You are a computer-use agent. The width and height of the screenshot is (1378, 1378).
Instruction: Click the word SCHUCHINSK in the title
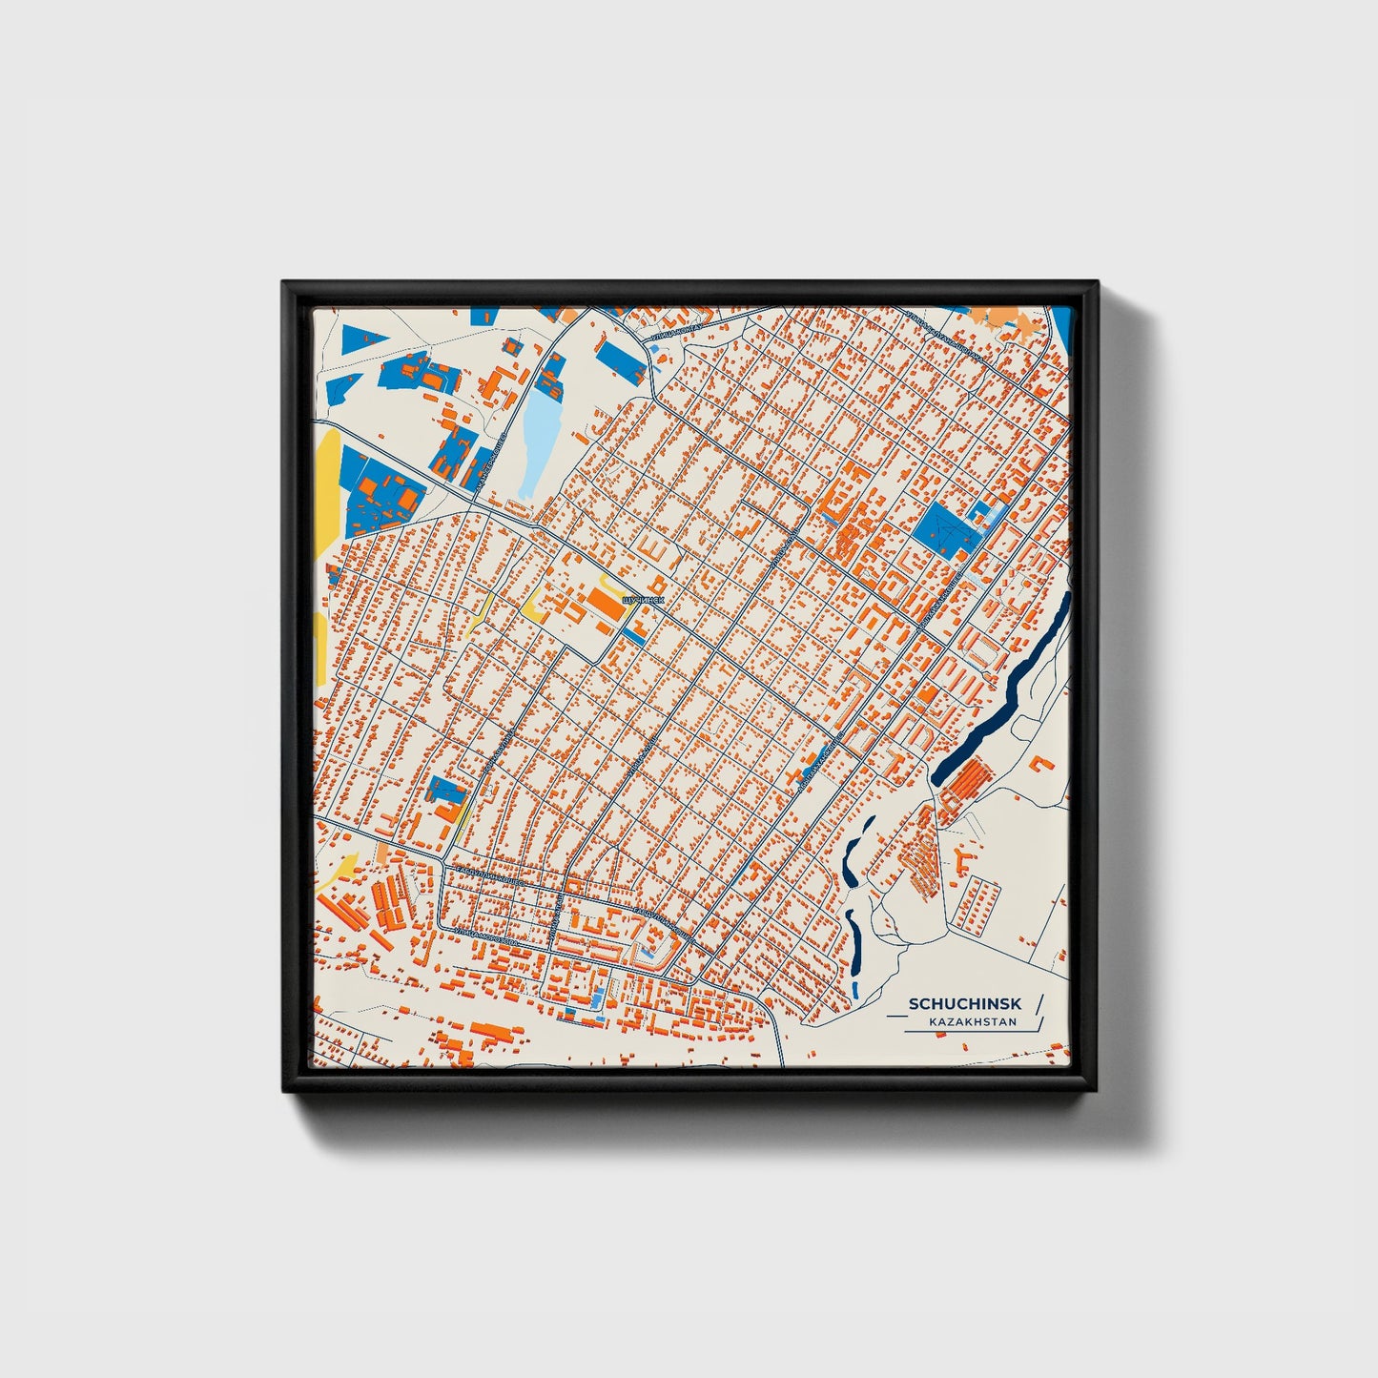click(x=965, y=1003)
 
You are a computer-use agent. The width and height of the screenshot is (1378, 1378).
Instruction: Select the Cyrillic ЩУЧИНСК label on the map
click(x=641, y=600)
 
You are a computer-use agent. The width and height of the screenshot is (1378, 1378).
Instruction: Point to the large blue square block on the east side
click(x=943, y=529)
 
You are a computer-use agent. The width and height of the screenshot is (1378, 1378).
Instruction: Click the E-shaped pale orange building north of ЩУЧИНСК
click(x=655, y=546)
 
